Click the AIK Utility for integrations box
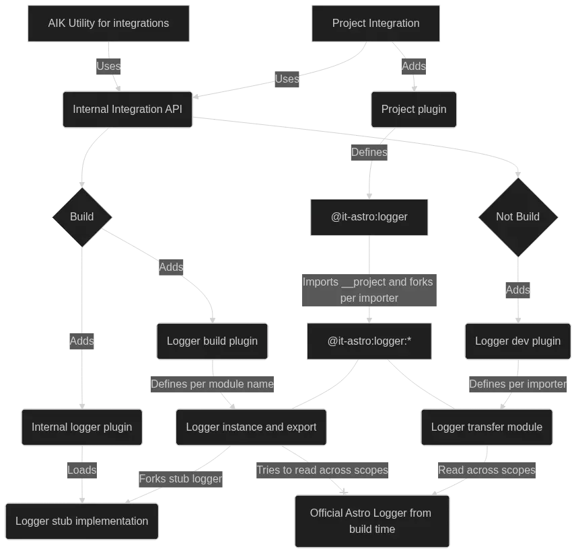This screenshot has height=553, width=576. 108,23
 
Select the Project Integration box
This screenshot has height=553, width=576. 375,23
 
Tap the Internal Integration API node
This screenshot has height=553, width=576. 127,109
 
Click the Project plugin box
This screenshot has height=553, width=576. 413,109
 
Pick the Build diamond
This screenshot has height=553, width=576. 82,216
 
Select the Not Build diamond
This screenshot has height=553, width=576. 517,216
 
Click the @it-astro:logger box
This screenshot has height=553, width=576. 369,216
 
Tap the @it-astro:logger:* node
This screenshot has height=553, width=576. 369,341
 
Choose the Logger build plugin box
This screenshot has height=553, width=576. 212,341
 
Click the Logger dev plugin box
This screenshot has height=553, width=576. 517,341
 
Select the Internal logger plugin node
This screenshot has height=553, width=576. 82,427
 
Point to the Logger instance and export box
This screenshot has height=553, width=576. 251,427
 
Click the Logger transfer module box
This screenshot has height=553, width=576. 487,427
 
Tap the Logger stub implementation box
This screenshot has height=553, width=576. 82,521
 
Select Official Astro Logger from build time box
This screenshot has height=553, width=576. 371,521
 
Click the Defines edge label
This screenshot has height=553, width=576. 369,152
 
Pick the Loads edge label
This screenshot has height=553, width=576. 81,470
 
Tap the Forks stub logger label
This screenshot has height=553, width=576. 180,479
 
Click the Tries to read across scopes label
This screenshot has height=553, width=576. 322,470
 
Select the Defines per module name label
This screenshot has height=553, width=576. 212,384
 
